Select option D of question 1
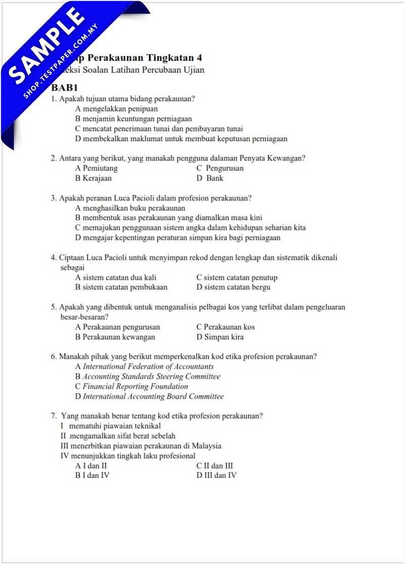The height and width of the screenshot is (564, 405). coord(181,139)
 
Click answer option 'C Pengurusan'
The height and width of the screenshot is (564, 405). coord(220,168)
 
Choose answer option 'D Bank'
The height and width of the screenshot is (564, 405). coord(210,178)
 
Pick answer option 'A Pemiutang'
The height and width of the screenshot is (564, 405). coord(96,168)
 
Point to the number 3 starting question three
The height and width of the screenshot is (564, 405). coord(53,198)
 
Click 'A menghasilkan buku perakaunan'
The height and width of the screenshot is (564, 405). coord(130,208)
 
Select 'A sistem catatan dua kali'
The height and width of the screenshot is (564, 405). coord(115,277)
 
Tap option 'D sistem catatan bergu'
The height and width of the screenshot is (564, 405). coord(233,287)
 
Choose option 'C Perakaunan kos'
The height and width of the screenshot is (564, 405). coord(225,327)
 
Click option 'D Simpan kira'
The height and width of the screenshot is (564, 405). coord(220,337)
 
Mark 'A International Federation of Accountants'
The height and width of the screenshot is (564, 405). coord(144,367)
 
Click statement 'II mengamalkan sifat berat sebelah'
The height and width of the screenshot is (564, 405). coord(118,436)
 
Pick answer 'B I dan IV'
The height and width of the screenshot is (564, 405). coord(92,475)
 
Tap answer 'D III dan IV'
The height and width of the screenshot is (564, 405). coord(216,475)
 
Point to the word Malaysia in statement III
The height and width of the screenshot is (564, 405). coord(207,446)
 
